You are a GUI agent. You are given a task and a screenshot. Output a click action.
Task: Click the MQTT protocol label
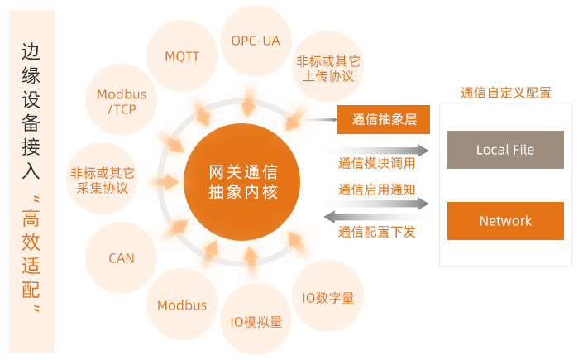[x=181, y=56]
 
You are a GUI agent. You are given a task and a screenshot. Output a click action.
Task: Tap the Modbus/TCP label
[x=121, y=101]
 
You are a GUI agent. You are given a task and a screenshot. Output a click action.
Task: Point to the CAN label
[x=121, y=258]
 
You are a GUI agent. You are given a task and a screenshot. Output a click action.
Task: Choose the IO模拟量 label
[x=256, y=322]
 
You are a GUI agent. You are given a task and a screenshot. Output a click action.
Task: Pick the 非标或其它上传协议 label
[x=327, y=69]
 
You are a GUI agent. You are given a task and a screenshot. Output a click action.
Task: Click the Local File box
[x=505, y=150]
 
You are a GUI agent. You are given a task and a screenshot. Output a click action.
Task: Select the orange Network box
[x=505, y=221]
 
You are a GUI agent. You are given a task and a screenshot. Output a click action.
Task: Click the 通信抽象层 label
[x=384, y=119]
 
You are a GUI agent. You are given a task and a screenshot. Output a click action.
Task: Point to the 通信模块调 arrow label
[x=370, y=163]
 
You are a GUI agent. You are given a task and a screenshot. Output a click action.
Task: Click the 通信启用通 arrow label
[x=370, y=190]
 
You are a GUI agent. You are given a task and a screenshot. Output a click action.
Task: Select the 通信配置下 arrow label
[x=370, y=232]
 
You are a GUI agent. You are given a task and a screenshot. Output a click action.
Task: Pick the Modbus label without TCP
[x=182, y=305]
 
